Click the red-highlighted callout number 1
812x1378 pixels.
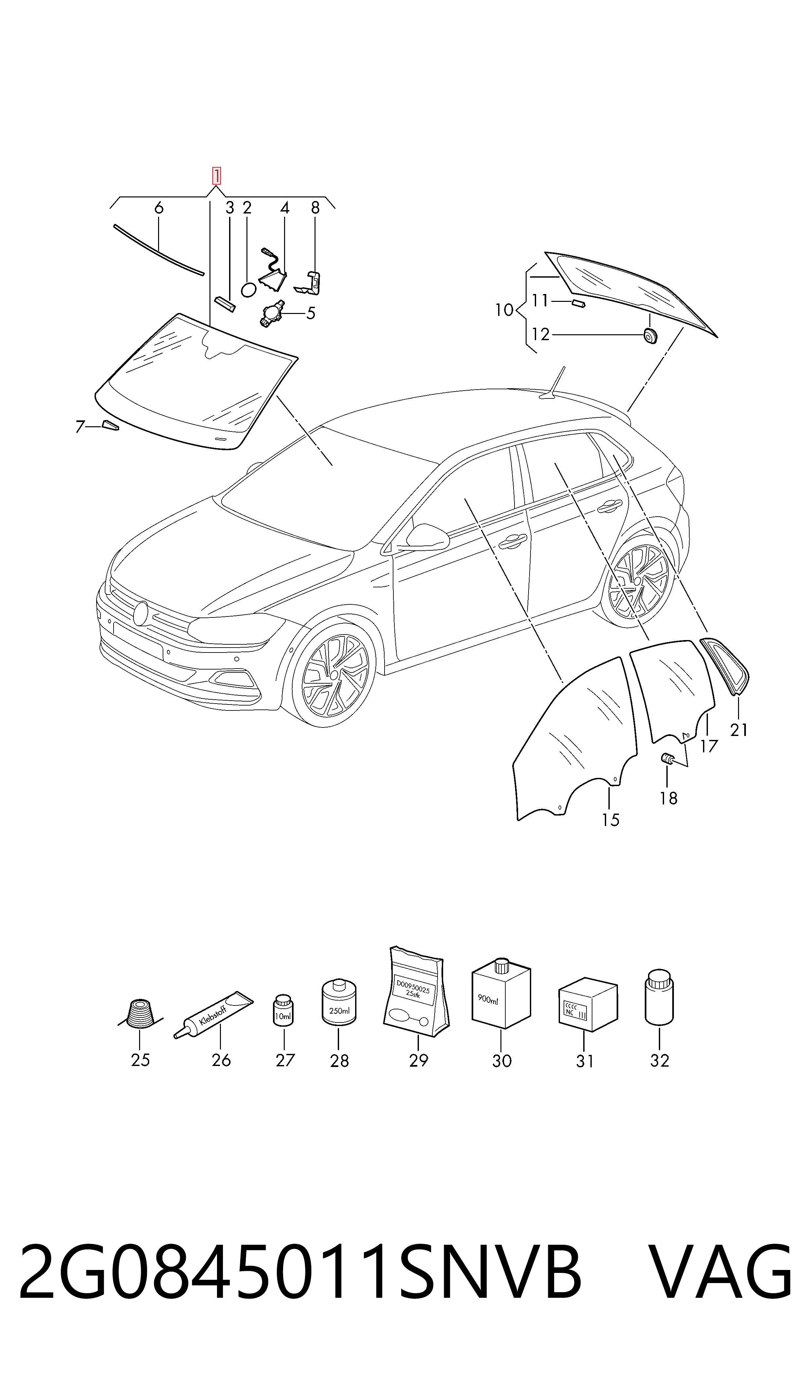click(217, 176)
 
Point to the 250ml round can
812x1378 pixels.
click(339, 1001)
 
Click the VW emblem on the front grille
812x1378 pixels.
click(141, 614)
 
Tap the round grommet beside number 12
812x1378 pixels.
click(649, 336)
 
